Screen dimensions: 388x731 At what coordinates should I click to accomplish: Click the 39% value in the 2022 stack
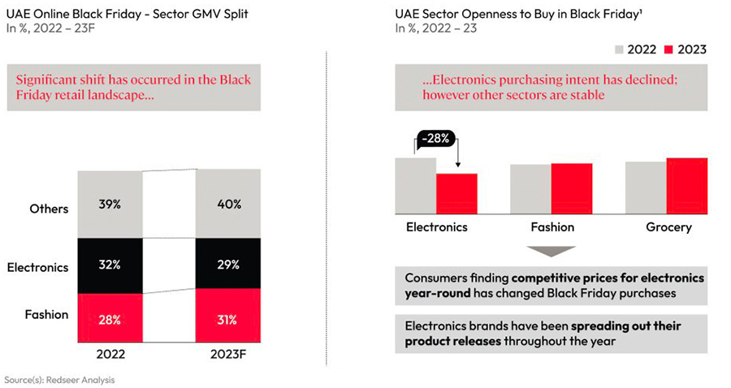pos(110,204)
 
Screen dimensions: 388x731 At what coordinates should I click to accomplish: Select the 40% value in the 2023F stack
pos(228,204)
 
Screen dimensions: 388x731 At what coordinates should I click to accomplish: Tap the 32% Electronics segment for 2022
pos(110,265)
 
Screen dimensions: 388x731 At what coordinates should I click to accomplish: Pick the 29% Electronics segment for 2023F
pos(228,265)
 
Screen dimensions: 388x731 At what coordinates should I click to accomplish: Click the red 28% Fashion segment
pos(110,320)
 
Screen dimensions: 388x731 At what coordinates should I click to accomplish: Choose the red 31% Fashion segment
pos(228,320)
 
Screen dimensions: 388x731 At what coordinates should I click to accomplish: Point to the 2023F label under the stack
pos(228,354)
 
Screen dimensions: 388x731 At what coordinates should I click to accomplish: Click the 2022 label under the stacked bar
pos(110,354)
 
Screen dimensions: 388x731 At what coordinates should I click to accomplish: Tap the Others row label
pos(49,209)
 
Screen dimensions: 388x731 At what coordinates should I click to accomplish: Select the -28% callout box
pos(438,139)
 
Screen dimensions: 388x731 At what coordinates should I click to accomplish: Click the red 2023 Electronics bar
pos(457,192)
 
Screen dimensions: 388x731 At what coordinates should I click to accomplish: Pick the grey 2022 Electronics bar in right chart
pos(416,184)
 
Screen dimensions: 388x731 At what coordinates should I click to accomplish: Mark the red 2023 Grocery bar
pos(686,184)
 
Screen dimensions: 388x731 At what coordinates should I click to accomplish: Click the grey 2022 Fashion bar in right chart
pos(530,188)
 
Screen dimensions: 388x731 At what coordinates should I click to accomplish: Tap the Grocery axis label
pos(668,227)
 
